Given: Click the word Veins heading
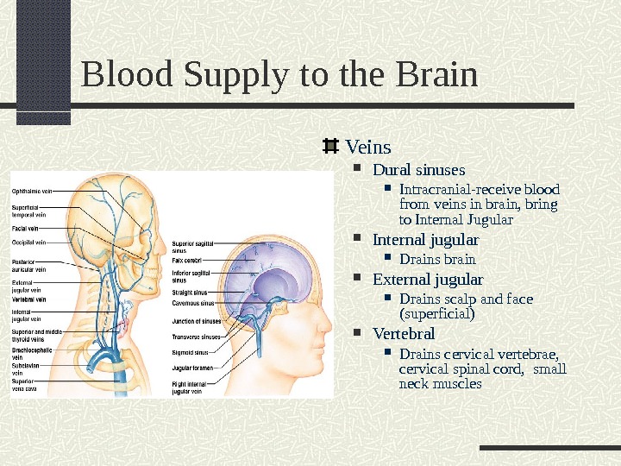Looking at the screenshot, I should coord(368,147).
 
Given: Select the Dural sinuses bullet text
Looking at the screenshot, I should coord(418,169).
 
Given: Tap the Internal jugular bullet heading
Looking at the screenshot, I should coord(425,239).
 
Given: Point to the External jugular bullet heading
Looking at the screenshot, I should coord(427,280).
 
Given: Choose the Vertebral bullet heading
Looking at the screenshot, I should coord(404,333).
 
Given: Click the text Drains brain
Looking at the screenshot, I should coord(437,259).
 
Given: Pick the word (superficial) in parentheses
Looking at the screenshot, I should coord(437,313).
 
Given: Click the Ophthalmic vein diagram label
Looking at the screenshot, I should coord(32,190).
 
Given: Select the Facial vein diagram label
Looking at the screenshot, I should coord(23,228).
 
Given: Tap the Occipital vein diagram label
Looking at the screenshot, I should coord(28,242).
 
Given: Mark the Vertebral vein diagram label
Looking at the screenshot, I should coord(28,299).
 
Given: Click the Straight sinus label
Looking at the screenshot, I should coord(189,293).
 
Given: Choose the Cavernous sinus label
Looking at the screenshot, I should coord(192,304).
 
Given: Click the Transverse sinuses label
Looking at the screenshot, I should coord(196,337).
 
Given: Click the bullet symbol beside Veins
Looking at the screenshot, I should coord(329,147).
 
